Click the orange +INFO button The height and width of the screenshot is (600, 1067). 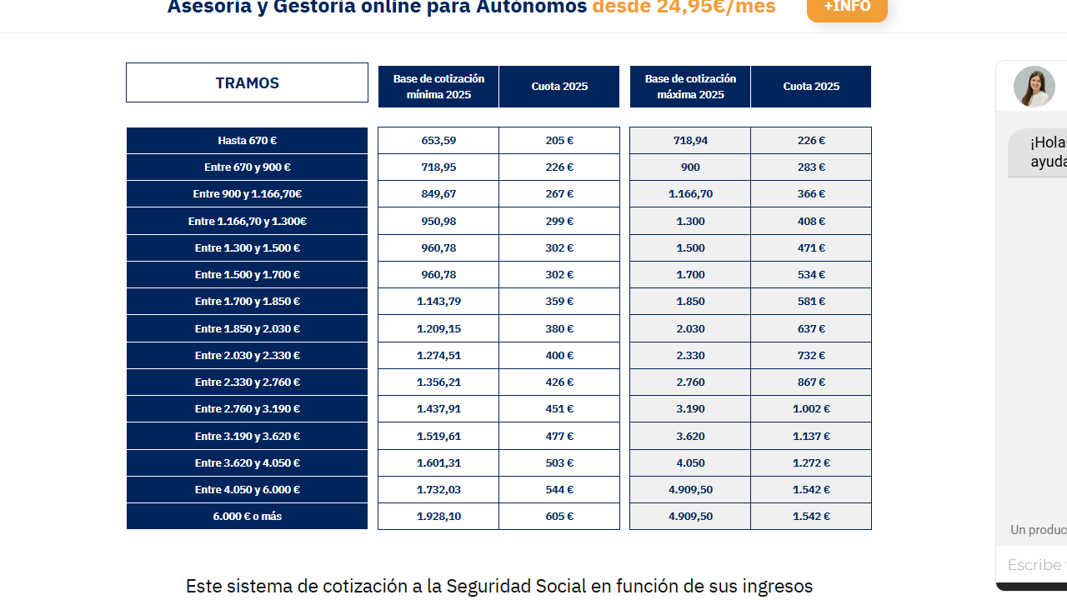point(847,7)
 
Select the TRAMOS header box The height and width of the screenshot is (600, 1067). point(247,82)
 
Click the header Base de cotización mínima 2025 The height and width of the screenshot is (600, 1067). point(438,87)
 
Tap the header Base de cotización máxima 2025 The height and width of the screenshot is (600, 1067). point(690,87)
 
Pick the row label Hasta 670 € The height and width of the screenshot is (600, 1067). point(247,141)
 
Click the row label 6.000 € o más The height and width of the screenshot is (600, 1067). point(247,517)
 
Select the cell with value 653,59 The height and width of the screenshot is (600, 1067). point(438,141)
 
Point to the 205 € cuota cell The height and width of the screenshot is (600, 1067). point(559,141)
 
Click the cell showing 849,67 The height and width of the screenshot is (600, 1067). point(438,194)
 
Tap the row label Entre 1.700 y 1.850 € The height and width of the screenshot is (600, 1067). point(247,302)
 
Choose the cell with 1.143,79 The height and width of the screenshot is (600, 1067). point(438,302)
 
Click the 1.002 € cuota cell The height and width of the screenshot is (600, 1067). point(811,409)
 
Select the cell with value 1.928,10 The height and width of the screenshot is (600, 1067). point(438,517)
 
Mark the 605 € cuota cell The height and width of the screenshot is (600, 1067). point(559,517)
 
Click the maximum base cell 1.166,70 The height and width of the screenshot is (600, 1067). point(690,194)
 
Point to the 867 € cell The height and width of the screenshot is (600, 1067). point(811,382)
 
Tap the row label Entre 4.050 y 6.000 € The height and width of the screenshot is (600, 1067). point(247,490)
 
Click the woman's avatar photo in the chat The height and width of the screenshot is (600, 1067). point(1034,87)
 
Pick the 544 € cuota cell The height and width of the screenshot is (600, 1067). point(559,490)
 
